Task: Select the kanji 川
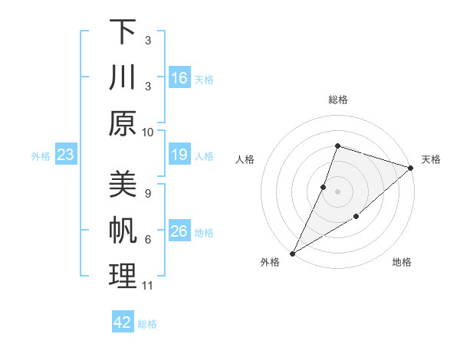pyautogui.click(x=123, y=77)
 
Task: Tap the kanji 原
pyautogui.click(x=123, y=123)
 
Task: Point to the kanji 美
pyautogui.click(x=123, y=185)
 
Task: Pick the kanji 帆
pyautogui.click(x=123, y=231)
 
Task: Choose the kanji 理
pyautogui.click(x=123, y=276)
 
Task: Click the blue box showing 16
pyautogui.click(x=179, y=78)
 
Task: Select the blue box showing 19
pyautogui.click(x=179, y=155)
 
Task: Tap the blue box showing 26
pyautogui.click(x=179, y=232)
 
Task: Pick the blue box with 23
pyautogui.click(x=65, y=155)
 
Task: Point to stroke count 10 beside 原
pyautogui.click(x=148, y=132)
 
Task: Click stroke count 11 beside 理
pyautogui.click(x=148, y=286)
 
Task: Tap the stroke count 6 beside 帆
pyautogui.click(x=147, y=240)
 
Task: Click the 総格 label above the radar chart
pyautogui.click(x=337, y=100)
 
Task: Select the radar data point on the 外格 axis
pyautogui.click(x=292, y=253)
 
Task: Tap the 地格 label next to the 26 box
pyautogui.click(x=205, y=233)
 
